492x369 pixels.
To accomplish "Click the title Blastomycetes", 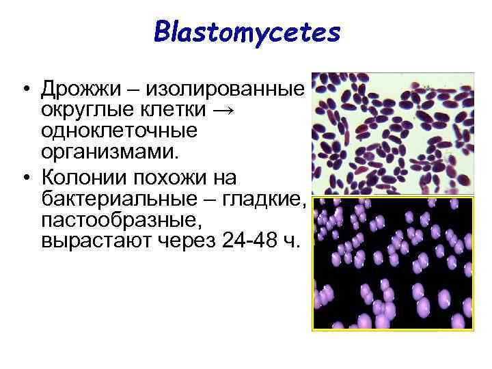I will [247, 32].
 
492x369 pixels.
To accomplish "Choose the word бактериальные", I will [121, 199].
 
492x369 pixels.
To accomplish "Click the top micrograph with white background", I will [392, 134].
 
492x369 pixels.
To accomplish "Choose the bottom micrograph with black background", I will [392, 264].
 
